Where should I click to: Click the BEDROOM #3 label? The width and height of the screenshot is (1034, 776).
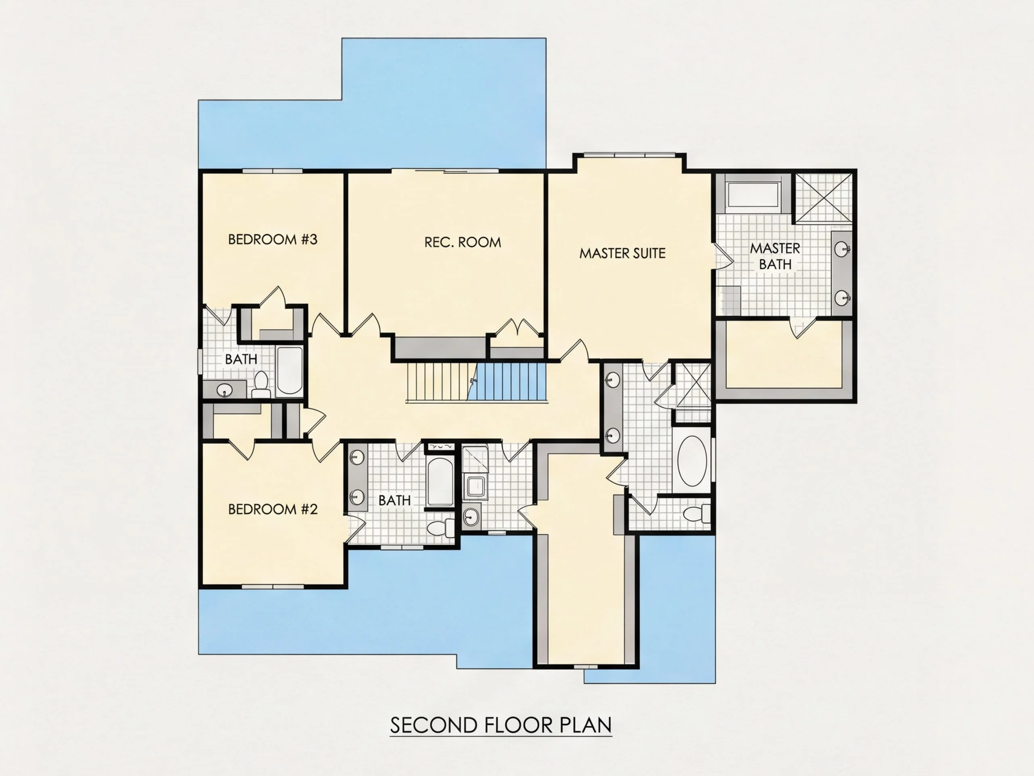point(273,240)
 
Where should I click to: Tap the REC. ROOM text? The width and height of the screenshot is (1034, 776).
point(462,242)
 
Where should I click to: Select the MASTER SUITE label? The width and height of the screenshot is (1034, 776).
point(622,253)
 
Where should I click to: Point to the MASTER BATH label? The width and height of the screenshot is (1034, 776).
point(775,256)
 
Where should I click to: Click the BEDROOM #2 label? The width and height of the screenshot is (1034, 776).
point(273,509)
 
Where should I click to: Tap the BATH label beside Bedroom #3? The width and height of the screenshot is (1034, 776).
point(241,359)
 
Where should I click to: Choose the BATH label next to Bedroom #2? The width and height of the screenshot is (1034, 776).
point(395,500)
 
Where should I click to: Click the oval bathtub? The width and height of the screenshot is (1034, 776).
point(692,461)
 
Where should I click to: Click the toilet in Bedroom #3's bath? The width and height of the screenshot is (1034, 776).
point(261,384)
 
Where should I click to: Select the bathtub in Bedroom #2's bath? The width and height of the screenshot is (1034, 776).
point(440,482)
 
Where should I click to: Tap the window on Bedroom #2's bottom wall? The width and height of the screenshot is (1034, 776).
point(273,586)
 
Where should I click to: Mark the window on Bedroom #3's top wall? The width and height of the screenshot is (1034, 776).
point(273,171)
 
